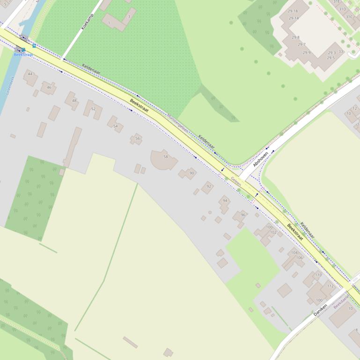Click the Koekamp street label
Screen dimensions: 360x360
88,22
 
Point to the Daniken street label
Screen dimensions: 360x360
320,310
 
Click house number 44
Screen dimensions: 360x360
30,74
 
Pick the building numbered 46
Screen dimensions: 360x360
49,87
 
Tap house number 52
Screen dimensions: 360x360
93,109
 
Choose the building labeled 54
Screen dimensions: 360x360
115,126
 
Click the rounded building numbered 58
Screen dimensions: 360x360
165,157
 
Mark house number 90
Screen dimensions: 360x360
191,173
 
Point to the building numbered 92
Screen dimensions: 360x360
209,187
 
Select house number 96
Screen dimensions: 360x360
242,215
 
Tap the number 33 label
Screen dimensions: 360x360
341,51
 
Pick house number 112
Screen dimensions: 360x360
331,286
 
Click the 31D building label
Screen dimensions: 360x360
343,9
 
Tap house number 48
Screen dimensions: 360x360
74,101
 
